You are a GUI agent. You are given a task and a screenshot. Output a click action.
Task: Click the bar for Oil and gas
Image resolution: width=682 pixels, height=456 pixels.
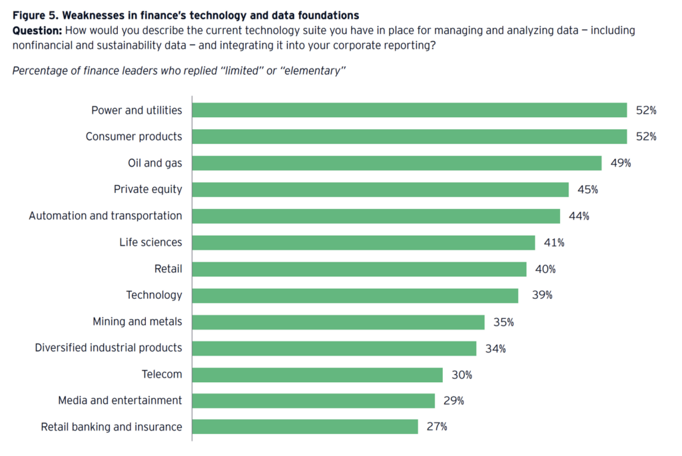coord(397,163)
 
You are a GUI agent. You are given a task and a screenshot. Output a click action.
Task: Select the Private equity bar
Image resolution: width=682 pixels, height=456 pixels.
coord(380,190)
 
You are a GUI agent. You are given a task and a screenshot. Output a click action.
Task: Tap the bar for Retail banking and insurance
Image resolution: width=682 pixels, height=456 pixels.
coord(305,427)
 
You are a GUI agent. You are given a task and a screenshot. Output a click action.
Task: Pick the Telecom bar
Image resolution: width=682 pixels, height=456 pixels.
coord(318,375)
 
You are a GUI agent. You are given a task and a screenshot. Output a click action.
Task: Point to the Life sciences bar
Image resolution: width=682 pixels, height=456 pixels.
coord(364,242)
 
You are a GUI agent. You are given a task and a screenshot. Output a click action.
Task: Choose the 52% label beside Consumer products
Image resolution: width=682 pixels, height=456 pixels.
coord(645,136)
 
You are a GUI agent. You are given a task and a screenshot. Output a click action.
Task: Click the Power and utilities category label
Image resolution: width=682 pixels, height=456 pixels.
coord(137,110)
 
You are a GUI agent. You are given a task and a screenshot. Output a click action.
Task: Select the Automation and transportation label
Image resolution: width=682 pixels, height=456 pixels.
coord(105,216)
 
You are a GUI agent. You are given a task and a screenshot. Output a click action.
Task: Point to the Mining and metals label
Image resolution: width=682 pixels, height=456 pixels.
coord(137,322)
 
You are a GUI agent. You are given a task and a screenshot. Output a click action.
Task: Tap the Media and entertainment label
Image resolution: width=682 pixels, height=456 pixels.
coord(120,401)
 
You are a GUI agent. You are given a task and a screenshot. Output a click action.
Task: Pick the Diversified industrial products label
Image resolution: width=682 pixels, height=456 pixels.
coord(109,348)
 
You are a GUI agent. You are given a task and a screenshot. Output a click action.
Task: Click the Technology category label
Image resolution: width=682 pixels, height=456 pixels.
coord(154,295)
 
